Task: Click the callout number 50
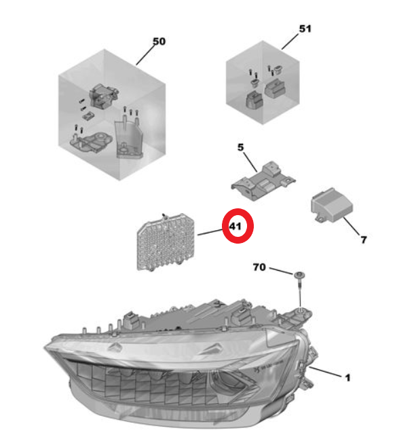159,41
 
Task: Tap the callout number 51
305,29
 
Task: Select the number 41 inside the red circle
235,227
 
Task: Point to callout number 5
240,147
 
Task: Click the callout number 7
364,240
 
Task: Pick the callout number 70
259,267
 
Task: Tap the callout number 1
347,377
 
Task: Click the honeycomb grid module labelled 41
166,242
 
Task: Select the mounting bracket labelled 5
263,181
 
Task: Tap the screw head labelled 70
300,276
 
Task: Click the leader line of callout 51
290,41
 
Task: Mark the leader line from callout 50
145,55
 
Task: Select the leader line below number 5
250,162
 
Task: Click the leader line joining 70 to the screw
281,271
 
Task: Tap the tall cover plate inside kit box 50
129,138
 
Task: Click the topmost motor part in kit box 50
104,95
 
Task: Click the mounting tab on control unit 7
320,219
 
